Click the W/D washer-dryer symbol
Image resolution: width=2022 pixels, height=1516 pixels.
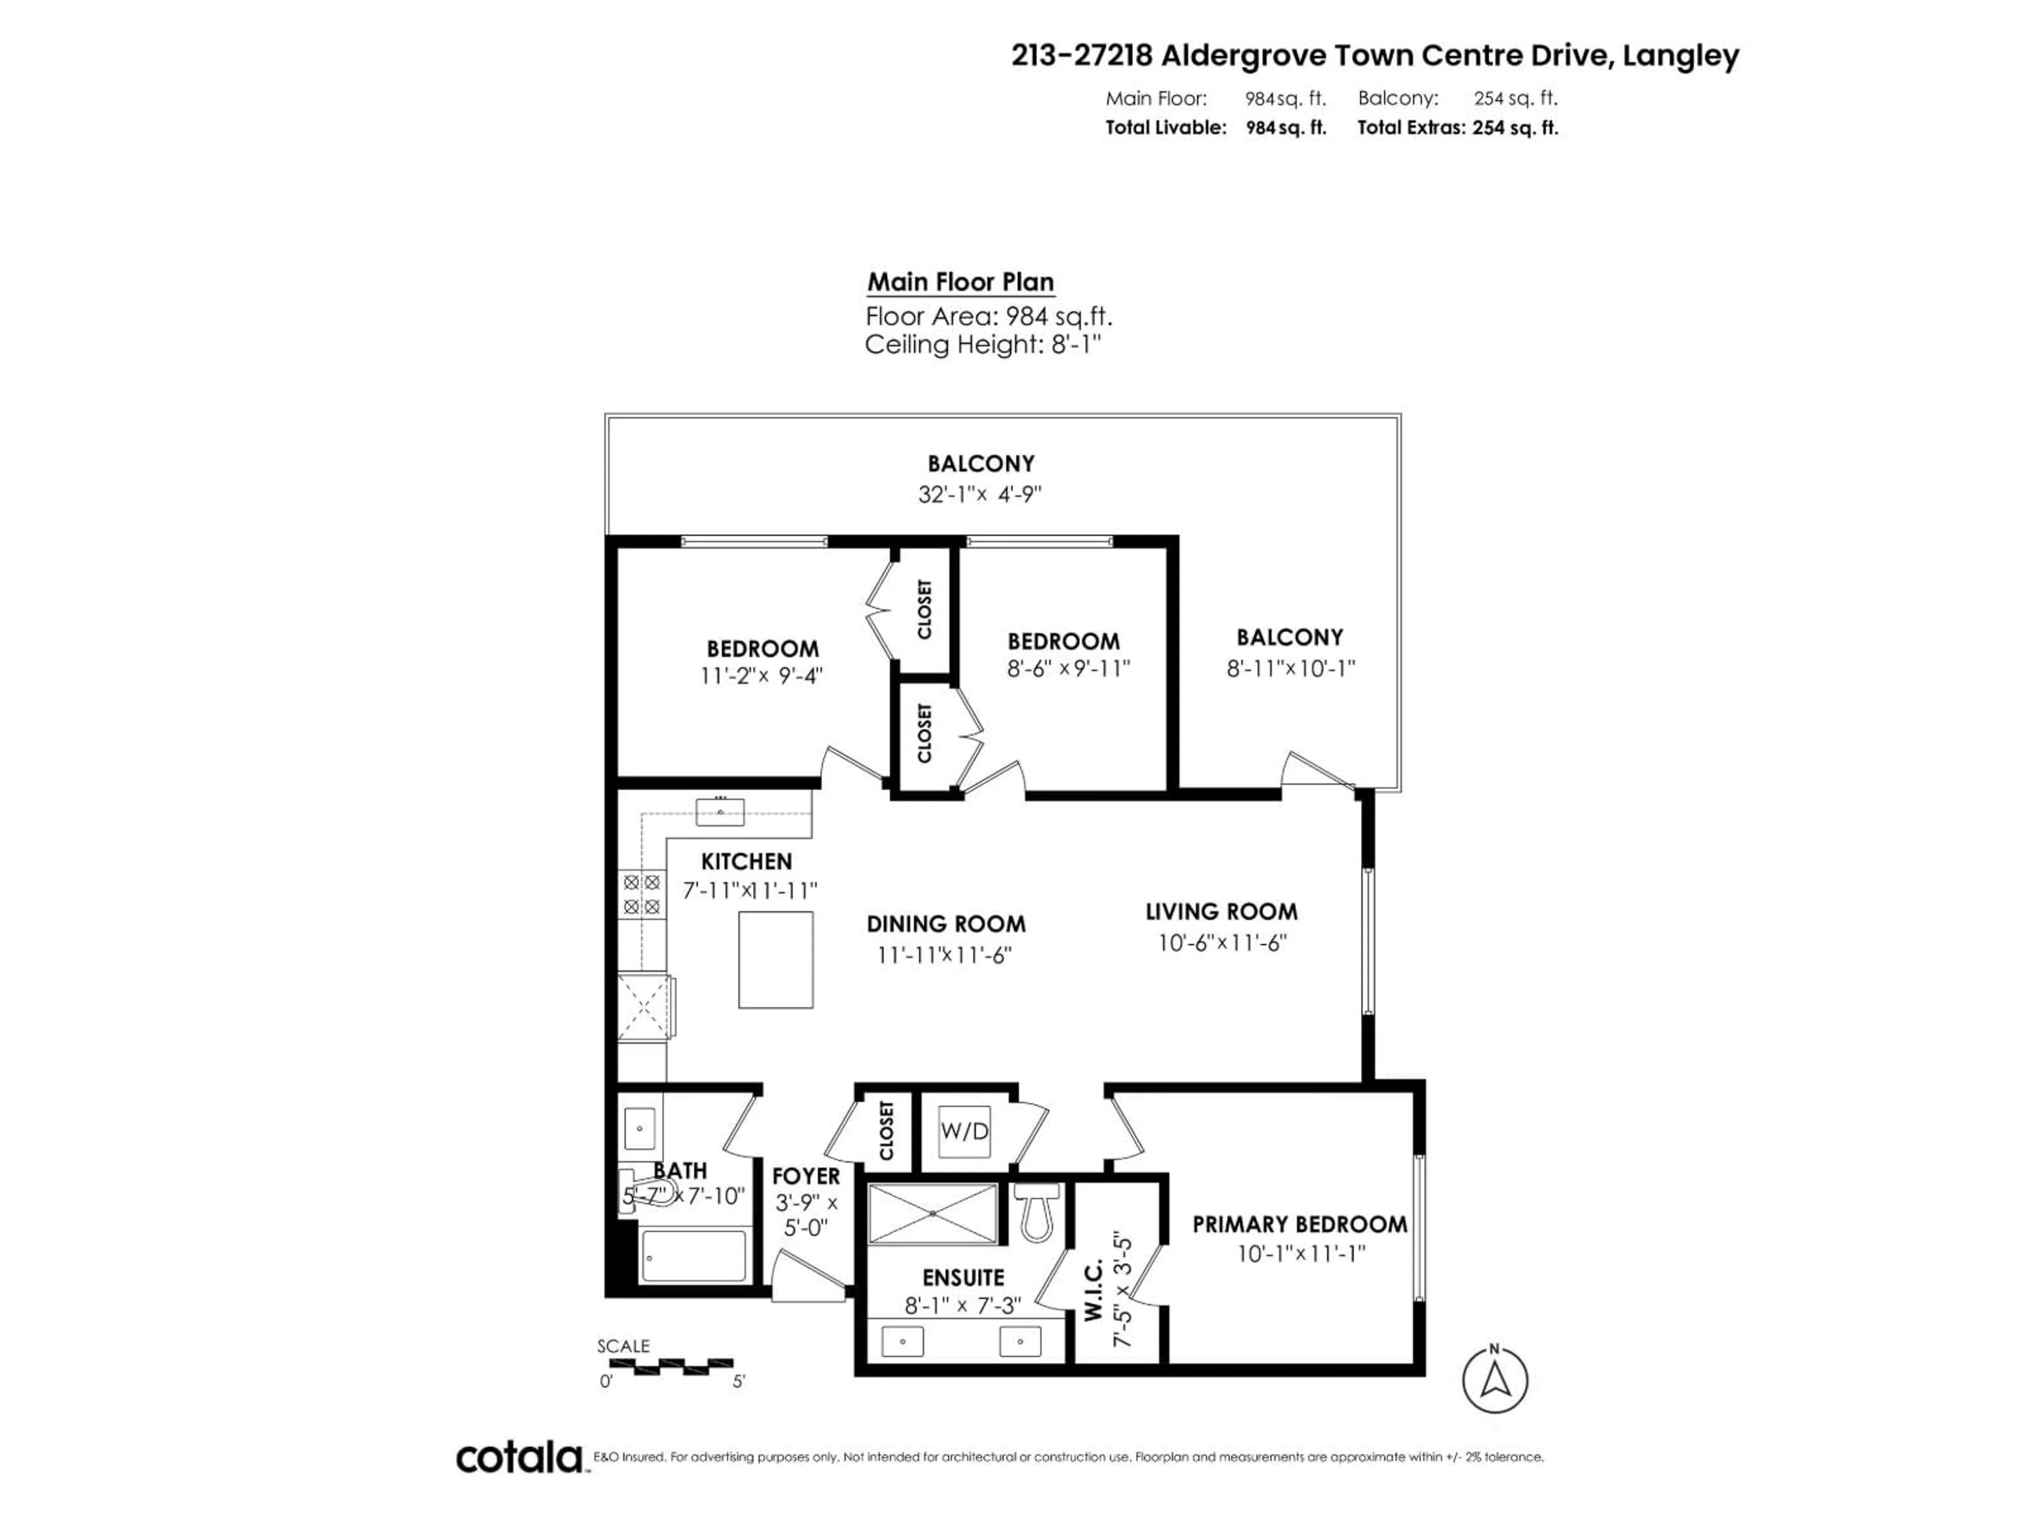coord(964,1131)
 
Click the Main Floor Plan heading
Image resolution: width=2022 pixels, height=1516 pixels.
coord(960,282)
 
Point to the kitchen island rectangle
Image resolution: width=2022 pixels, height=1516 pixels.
coord(775,960)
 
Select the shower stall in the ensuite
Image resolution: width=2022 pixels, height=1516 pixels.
coord(933,1213)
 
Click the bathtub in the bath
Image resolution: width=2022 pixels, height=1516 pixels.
coord(695,1255)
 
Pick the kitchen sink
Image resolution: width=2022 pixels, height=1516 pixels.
coord(719,812)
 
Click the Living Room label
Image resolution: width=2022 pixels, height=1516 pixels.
coord(1221,911)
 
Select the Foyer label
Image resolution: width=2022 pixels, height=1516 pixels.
coord(805,1176)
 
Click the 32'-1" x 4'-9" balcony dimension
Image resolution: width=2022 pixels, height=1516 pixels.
coord(980,494)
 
